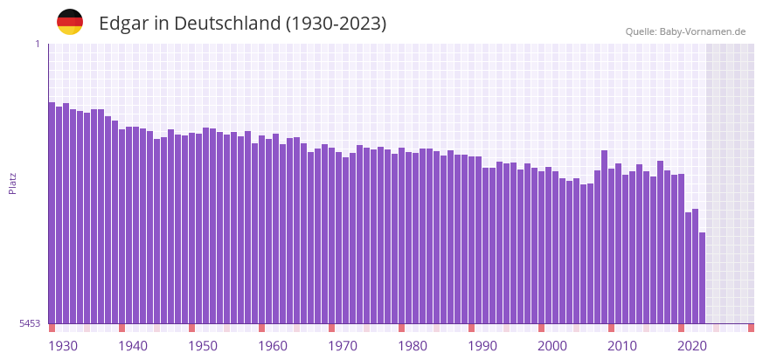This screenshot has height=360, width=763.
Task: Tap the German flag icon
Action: [x=70, y=22]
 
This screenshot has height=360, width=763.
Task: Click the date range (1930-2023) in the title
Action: [x=336, y=24]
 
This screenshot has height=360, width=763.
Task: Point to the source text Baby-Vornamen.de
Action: [x=704, y=31]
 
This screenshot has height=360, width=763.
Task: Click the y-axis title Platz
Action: [x=12, y=183]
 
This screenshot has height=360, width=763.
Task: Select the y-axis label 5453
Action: [x=30, y=324]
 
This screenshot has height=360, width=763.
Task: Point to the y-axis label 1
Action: [x=37, y=44]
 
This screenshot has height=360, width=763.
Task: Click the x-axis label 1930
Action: [x=63, y=346]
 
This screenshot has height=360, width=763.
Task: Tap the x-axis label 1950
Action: [x=203, y=346]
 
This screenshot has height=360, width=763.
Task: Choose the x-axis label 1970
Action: [x=343, y=346]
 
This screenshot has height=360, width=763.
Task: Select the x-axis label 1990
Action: [x=482, y=346]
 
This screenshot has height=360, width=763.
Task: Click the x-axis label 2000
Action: [x=552, y=346]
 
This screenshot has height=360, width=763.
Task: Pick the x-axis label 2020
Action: [x=692, y=346]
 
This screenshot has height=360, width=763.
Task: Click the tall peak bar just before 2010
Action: [x=604, y=236]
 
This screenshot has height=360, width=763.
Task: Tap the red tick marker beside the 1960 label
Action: [x=261, y=328]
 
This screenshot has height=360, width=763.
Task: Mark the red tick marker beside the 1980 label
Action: [x=401, y=328]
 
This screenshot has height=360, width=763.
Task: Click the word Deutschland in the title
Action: [x=227, y=24]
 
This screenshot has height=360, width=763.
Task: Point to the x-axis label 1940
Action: [x=133, y=346]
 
